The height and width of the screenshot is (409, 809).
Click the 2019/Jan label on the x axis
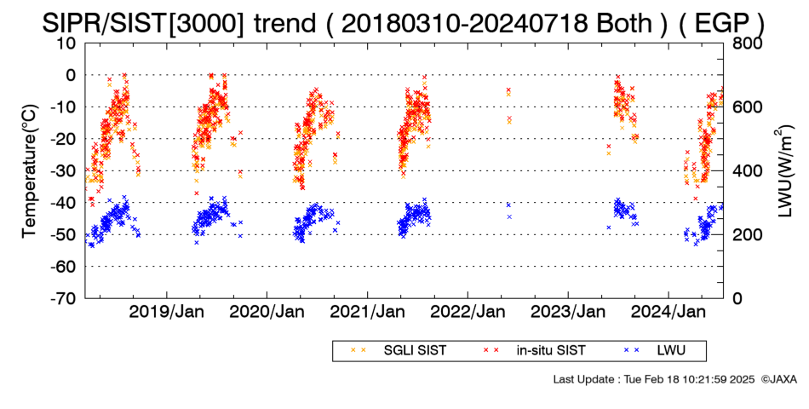coord(166,312)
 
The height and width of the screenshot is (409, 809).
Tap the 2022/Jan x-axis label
coord(468,312)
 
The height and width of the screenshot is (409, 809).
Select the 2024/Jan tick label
coord(668,312)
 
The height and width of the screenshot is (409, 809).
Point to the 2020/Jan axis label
coord(267,312)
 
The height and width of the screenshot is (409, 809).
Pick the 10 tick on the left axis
coord(66,43)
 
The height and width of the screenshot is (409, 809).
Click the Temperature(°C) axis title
coord(30,171)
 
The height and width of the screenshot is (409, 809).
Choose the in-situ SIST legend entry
coord(535,351)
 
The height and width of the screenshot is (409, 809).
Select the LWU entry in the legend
coord(655,351)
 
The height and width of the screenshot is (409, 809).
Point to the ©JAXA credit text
coord(778,379)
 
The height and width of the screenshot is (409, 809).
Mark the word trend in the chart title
coord(284,23)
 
